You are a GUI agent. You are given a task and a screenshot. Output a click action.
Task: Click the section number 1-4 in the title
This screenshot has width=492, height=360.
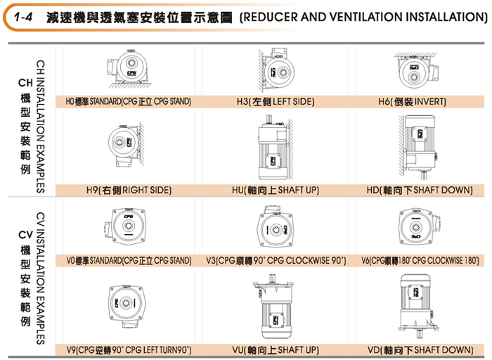pyautogui.click(x=25, y=15)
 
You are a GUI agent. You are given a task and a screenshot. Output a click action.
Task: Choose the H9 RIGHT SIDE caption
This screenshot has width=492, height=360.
pyautogui.click(x=128, y=190)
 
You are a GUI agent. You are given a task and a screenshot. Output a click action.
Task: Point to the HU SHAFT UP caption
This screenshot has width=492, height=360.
pyautogui.click(x=274, y=190)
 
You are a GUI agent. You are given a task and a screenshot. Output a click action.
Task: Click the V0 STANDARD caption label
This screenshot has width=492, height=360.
pyautogui.click(x=127, y=260)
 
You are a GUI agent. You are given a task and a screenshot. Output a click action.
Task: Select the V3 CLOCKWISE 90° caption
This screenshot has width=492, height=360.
pyautogui.click(x=275, y=260)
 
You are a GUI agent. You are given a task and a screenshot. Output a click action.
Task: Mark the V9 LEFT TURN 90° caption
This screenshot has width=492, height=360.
pyautogui.click(x=128, y=349)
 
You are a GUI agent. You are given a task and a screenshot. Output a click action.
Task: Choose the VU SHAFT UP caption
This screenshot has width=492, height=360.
pyautogui.click(x=274, y=349)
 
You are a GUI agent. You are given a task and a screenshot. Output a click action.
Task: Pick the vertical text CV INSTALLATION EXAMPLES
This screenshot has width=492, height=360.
pyautogui.click(x=40, y=278)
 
